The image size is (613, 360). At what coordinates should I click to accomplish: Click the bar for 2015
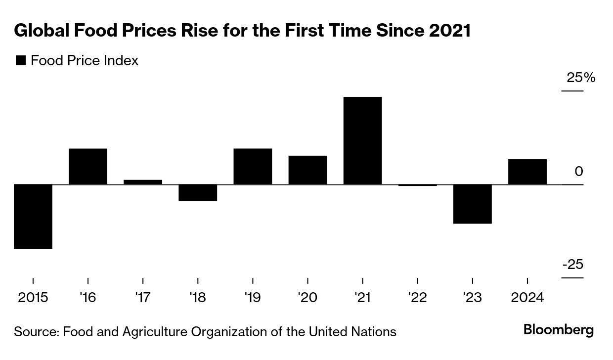33,216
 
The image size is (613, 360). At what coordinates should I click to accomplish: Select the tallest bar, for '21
363,140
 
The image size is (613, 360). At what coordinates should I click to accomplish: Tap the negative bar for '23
473,204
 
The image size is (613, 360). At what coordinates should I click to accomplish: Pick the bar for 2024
527,172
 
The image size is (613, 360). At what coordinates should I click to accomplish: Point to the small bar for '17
143,182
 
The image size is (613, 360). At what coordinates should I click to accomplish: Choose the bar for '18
198,192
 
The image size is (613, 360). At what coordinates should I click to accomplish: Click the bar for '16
88,166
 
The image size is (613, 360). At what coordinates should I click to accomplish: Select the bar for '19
253,166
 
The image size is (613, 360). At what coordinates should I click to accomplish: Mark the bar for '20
307,170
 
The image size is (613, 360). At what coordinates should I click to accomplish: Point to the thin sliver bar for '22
418,185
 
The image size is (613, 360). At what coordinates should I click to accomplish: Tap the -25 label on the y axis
572,265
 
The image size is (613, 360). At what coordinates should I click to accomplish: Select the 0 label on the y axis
579,172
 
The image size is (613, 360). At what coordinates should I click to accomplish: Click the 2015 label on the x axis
33,298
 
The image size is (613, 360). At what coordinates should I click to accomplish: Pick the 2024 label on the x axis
527,298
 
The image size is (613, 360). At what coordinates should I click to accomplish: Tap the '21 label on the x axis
362,298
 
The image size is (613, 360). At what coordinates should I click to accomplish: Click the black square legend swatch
21,61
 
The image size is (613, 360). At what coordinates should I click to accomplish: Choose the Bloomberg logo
559,330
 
